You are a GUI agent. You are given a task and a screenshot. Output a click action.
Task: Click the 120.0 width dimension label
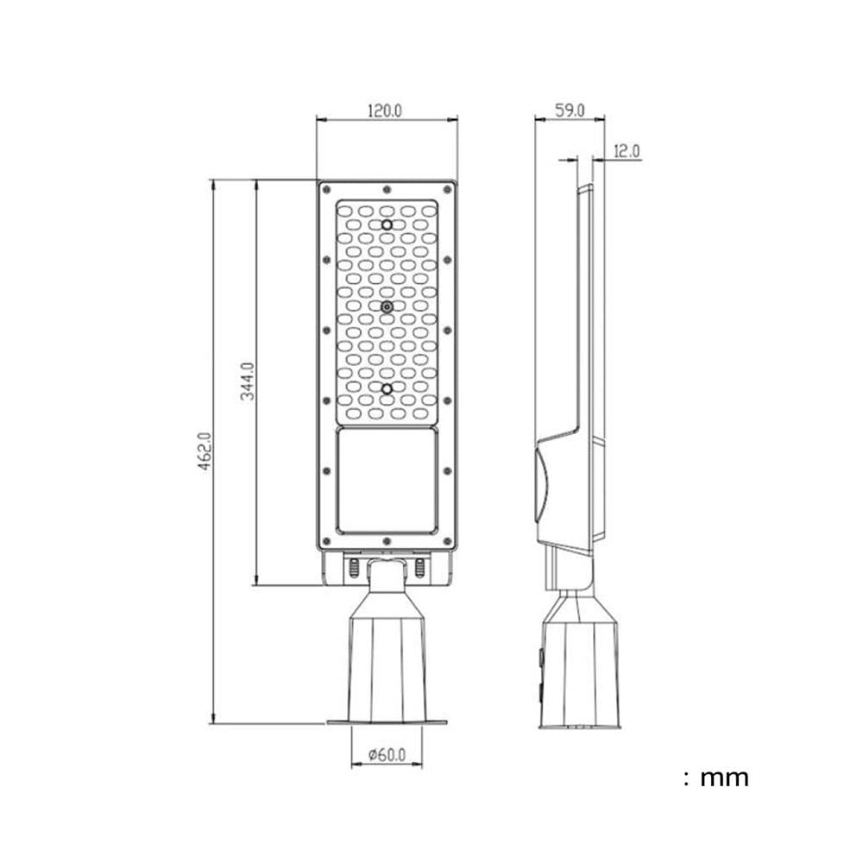[385, 110]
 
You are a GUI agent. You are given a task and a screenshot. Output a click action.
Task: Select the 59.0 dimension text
[569, 110]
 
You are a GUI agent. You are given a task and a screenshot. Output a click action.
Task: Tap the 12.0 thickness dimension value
[627, 151]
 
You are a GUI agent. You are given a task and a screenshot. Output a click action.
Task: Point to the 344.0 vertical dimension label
[249, 381]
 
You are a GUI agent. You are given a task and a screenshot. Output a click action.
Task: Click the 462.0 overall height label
[205, 450]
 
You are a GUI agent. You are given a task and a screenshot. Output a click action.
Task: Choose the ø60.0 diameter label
[387, 754]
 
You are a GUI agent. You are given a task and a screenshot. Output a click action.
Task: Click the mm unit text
[724, 778]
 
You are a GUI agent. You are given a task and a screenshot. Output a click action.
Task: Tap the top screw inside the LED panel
[387, 224]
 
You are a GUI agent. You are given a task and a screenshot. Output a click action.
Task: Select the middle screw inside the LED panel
[387, 307]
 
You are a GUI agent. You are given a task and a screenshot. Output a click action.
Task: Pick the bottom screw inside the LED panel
[387, 389]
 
